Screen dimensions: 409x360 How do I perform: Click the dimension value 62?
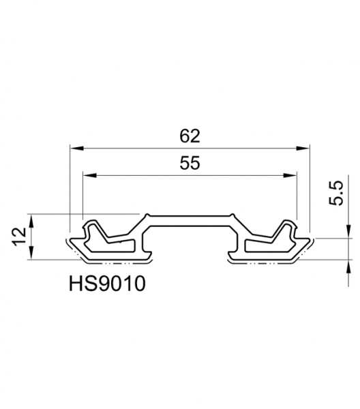click(190, 136)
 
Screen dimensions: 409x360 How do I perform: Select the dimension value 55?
click(190, 164)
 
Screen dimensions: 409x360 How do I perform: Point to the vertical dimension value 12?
click(20, 237)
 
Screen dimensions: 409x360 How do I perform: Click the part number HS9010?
click(107, 283)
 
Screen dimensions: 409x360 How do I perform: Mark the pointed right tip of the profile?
click(313, 241)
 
